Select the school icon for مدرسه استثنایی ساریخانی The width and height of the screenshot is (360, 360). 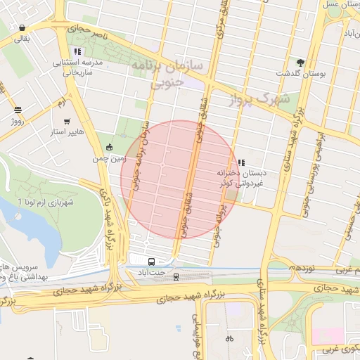(x=77, y=51)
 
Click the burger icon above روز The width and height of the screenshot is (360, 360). (x=18, y=110)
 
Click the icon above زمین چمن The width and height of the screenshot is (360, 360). (x=109, y=147)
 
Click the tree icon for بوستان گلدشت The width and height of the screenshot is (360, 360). (x=301, y=63)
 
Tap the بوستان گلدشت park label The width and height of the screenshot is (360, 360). (x=299, y=74)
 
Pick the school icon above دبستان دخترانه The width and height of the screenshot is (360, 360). (x=241, y=162)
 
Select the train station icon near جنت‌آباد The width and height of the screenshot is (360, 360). (x=176, y=276)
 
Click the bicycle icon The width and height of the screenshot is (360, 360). (x=229, y=338)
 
